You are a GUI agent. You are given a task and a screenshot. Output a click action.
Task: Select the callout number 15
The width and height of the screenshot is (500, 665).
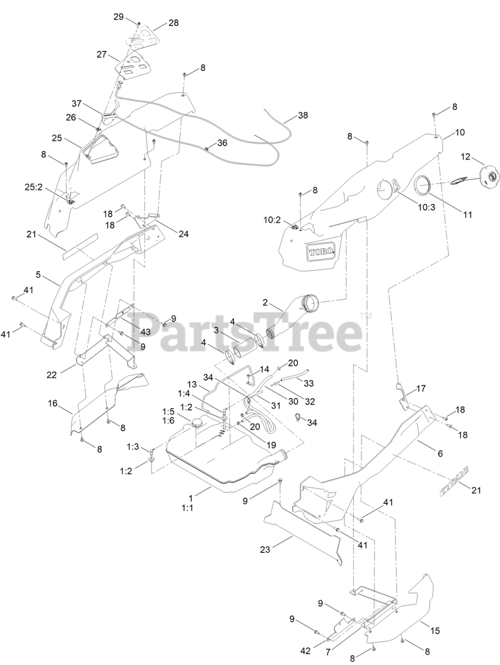(x=435, y=631)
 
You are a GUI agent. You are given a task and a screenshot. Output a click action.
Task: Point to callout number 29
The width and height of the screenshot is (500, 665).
(x=119, y=17)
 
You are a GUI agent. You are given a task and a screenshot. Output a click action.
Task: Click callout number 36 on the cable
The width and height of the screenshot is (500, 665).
(x=222, y=143)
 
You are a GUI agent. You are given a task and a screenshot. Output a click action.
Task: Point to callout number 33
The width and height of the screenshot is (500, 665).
(x=323, y=384)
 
